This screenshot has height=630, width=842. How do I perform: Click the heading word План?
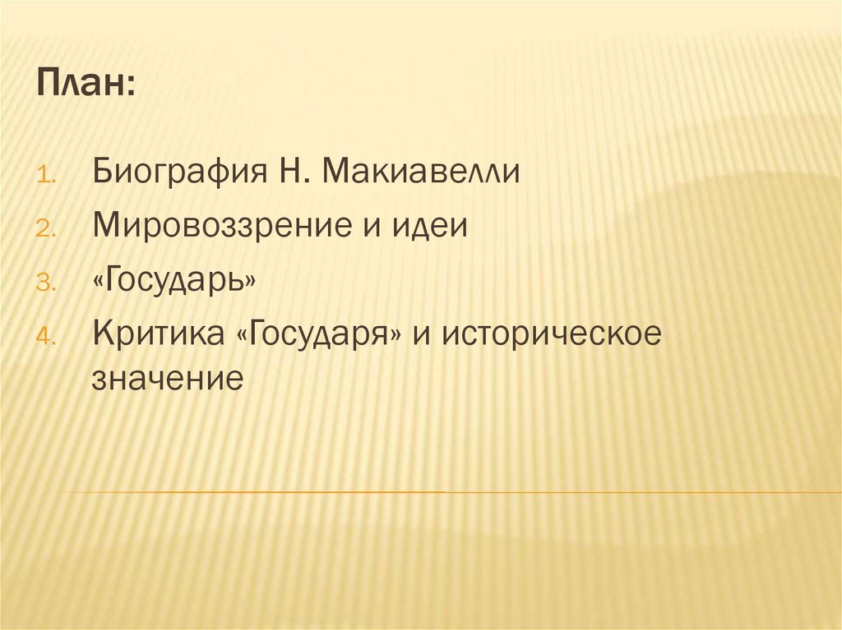[x=86, y=85]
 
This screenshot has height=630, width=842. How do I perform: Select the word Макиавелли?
[x=422, y=173]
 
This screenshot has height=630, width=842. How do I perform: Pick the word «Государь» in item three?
[x=174, y=281]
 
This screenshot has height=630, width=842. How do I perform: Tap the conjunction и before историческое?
[x=428, y=335]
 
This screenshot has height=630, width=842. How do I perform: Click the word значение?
[x=168, y=379]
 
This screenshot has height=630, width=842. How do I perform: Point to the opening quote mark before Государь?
[x=99, y=281]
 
